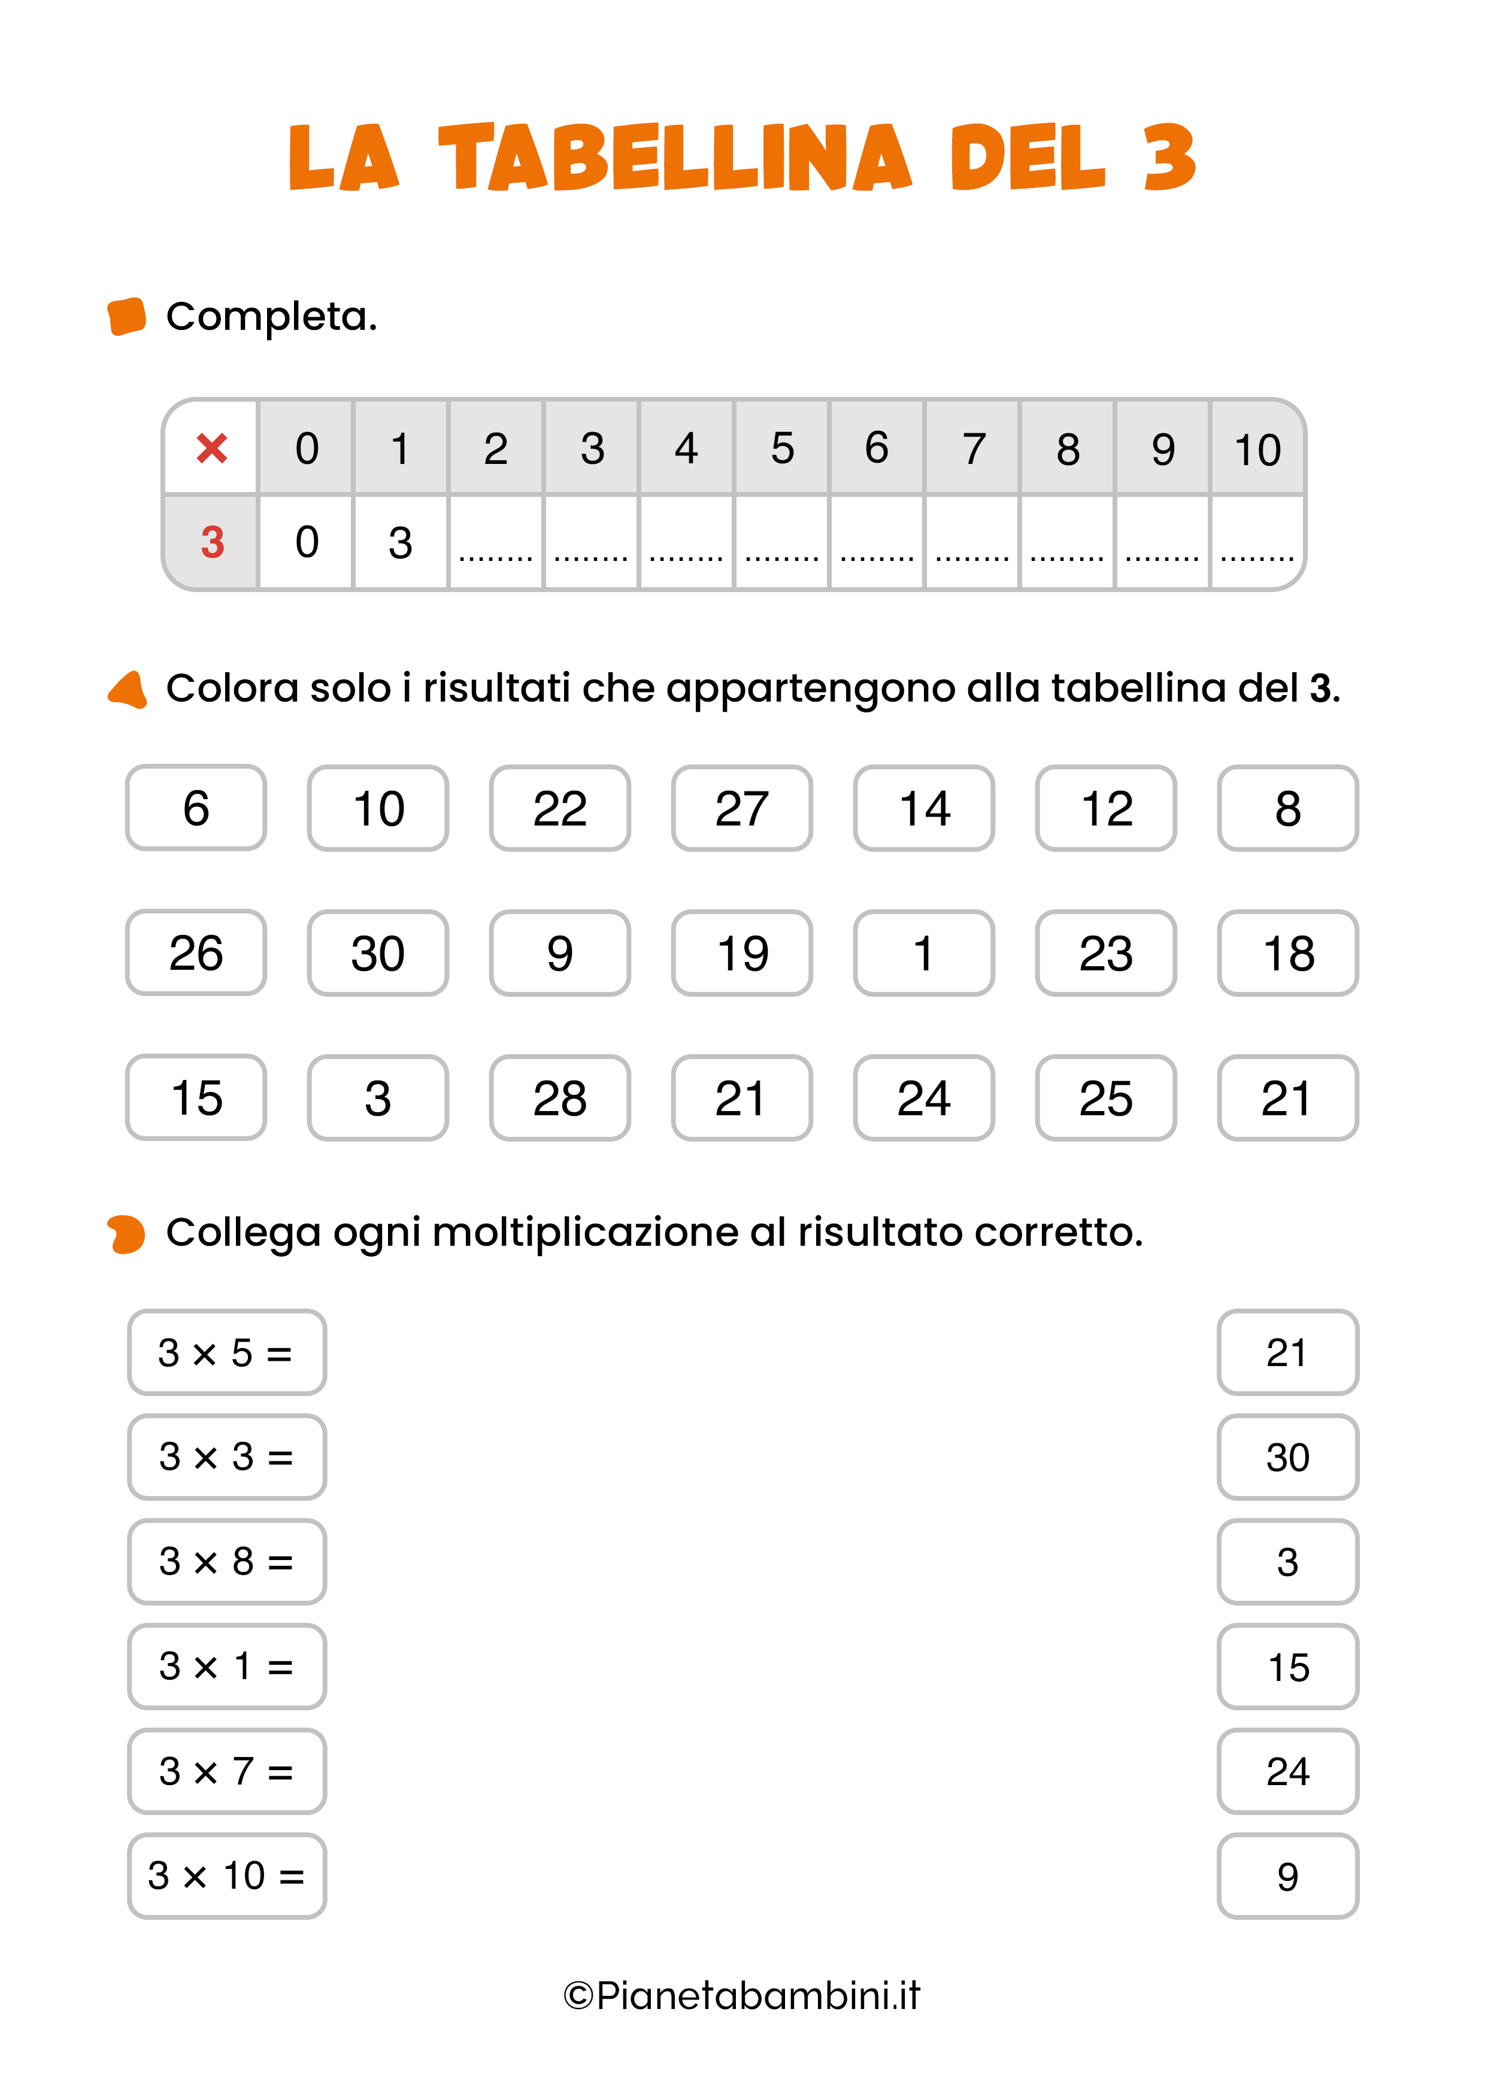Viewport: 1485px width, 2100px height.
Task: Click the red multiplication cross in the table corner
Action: click(211, 448)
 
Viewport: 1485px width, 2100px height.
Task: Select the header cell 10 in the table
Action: click(1257, 449)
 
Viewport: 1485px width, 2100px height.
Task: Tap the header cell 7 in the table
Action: click(972, 449)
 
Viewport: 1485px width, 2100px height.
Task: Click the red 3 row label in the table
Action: click(211, 542)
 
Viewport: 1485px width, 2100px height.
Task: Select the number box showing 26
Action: click(196, 953)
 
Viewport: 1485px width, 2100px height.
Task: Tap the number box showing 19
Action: click(741, 953)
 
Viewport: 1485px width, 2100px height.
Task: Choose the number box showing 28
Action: click(559, 1097)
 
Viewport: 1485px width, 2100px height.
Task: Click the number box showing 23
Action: click(1105, 953)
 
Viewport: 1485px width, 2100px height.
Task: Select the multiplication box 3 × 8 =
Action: click(226, 1561)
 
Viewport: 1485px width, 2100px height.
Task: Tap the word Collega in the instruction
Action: click(243, 1232)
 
